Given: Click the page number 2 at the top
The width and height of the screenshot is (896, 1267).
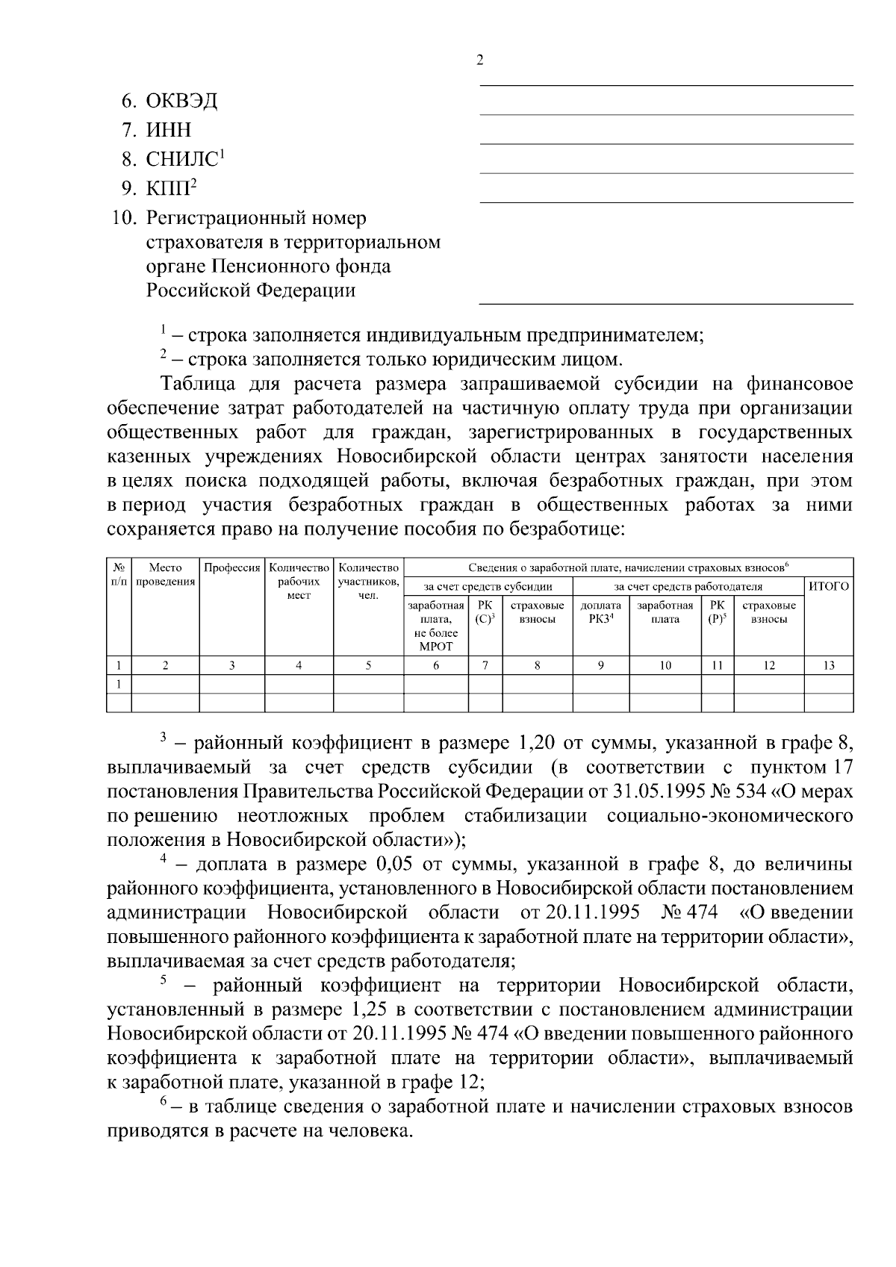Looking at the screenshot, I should [x=480, y=61].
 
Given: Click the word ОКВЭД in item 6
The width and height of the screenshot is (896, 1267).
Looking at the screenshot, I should [x=181, y=101].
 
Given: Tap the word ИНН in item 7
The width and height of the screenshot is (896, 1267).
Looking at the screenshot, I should [x=169, y=130].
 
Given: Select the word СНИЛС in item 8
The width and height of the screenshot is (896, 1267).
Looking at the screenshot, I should [x=181, y=160].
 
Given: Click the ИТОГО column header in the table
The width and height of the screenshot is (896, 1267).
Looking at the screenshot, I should [x=829, y=587].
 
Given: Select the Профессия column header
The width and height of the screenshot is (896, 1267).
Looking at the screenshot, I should [x=231, y=568].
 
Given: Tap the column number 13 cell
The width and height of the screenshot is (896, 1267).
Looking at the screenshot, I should [x=829, y=665].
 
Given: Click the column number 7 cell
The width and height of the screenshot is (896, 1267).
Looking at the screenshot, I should [x=485, y=665].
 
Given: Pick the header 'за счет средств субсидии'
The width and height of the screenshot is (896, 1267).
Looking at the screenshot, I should [x=488, y=587].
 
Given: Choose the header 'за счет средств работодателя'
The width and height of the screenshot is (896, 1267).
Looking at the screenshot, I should [x=688, y=587].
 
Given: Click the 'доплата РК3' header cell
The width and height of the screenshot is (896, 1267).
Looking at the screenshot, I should [x=600, y=612].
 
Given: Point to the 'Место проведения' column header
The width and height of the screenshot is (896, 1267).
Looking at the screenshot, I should [x=165, y=575].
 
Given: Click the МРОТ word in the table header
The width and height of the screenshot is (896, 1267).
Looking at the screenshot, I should [x=436, y=647].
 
